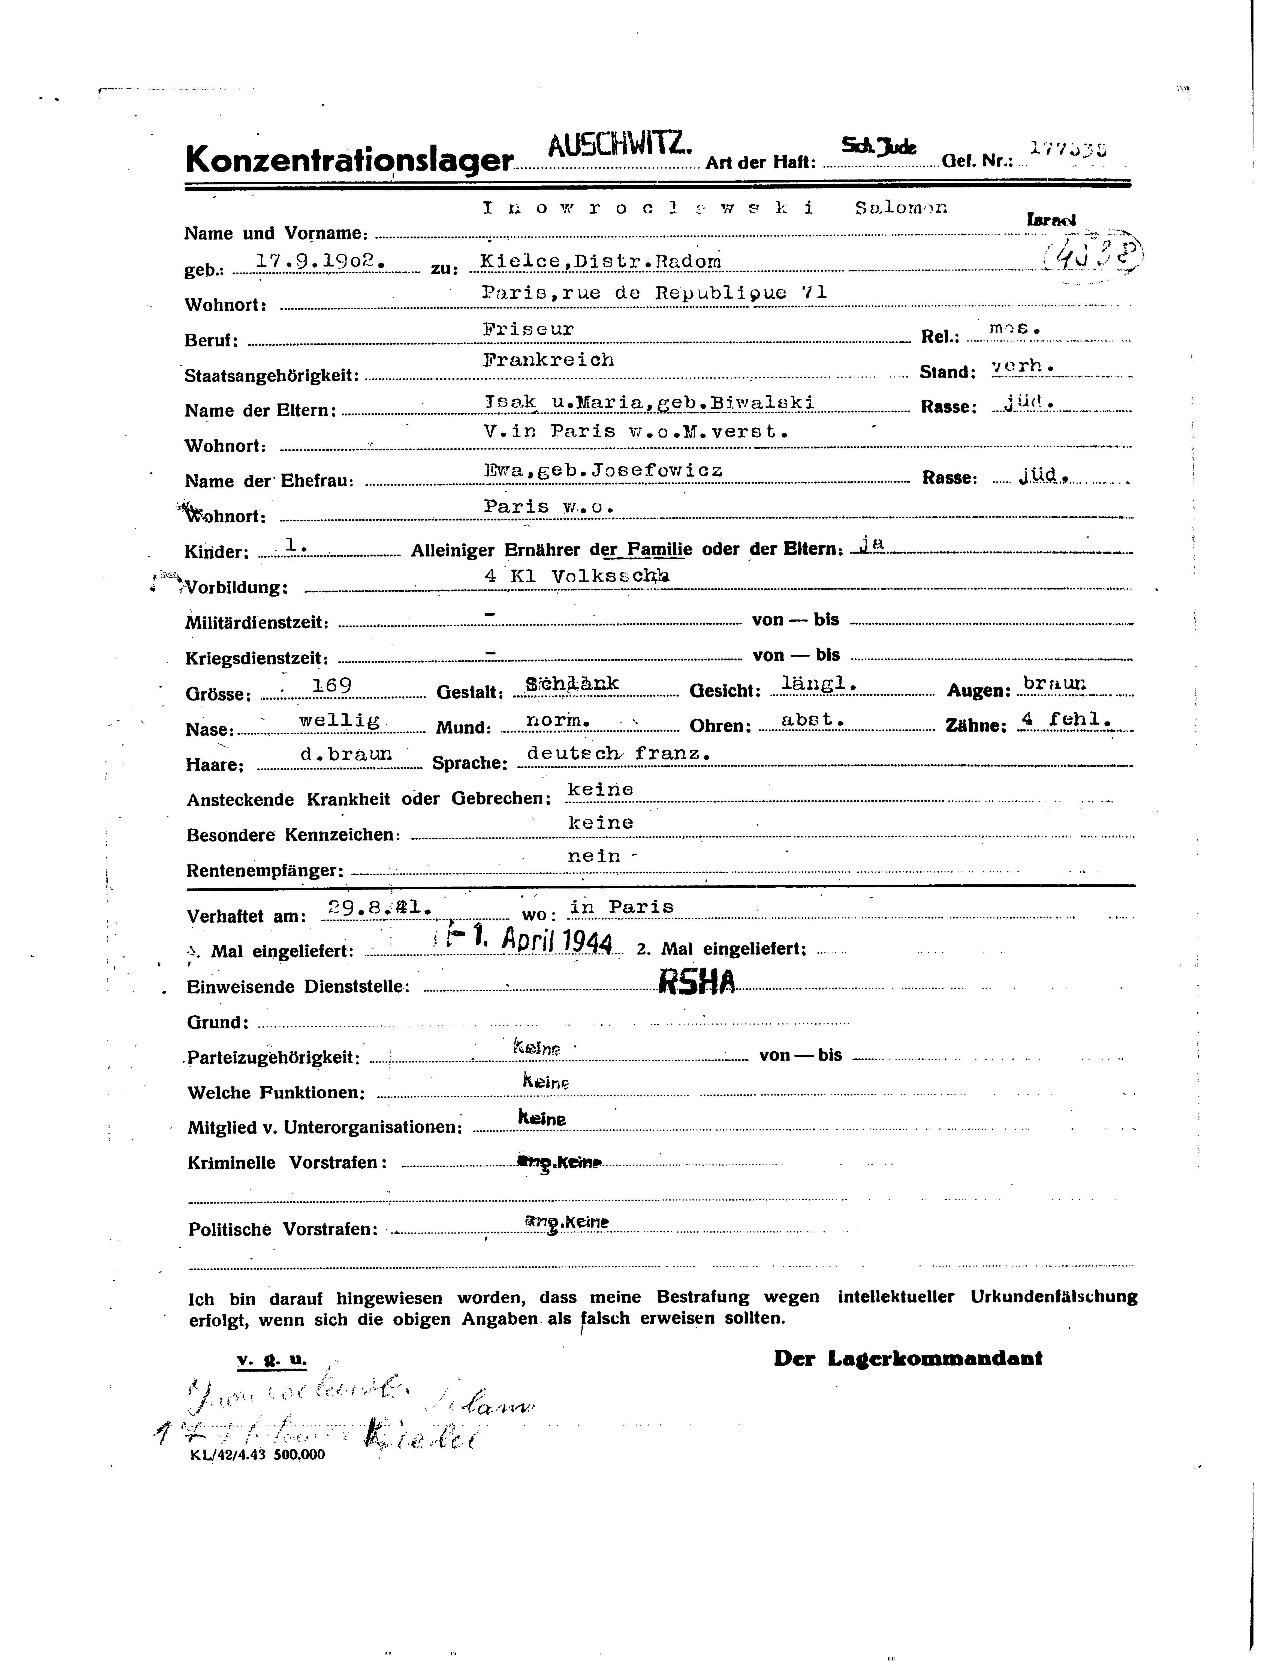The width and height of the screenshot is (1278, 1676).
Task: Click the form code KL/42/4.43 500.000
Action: [x=259, y=1454]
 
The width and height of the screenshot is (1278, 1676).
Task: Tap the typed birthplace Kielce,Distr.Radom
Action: [x=601, y=261]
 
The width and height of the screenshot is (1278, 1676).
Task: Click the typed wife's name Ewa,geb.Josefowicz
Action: [x=602, y=470]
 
